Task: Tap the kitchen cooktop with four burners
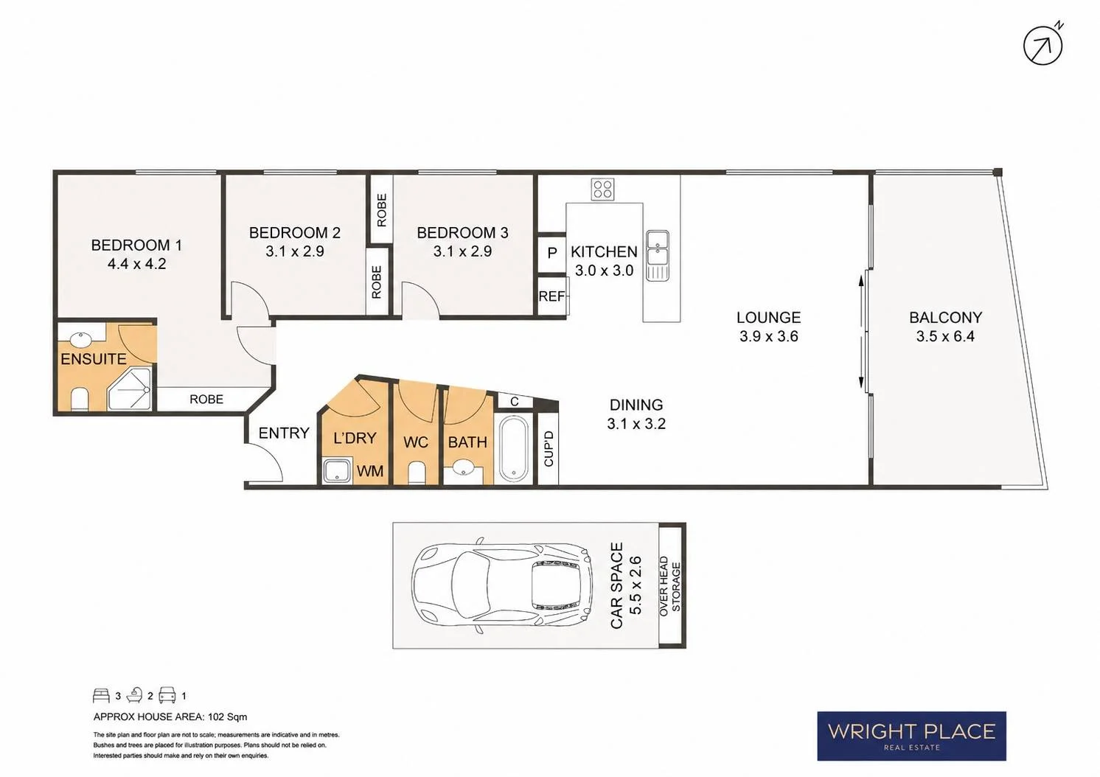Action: point(602,189)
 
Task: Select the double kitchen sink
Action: point(658,255)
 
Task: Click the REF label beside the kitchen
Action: point(551,296)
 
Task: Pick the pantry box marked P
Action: point(552,253)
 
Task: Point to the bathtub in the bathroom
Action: point(514,448)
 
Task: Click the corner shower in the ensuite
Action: point(129,388)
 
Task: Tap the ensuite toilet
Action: point(79,400)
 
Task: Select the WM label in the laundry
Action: point(370,471)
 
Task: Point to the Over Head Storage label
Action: point(670,586)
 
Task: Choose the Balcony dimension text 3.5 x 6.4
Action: point(945,336)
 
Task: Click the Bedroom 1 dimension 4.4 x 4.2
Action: point(136,264)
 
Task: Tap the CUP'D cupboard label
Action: point(549,448)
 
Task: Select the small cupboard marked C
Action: point(515,401)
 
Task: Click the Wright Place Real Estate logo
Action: point(911,736)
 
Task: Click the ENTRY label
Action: point(284,433)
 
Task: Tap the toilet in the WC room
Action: point(417,472)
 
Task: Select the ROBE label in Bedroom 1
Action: point(206,400)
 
